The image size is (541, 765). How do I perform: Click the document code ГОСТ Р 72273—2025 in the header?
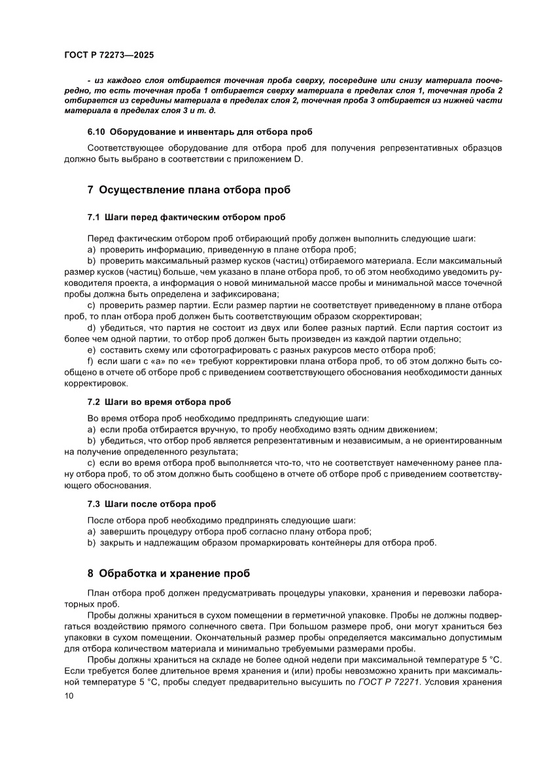point(109,56)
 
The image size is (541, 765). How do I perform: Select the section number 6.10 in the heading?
point(98,131)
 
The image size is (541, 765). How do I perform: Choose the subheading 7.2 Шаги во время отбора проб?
point(159,401)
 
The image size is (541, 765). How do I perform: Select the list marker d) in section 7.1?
point(92,327)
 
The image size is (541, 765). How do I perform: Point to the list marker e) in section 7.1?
point(92,350)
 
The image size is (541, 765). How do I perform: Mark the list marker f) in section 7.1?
point(91,361)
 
